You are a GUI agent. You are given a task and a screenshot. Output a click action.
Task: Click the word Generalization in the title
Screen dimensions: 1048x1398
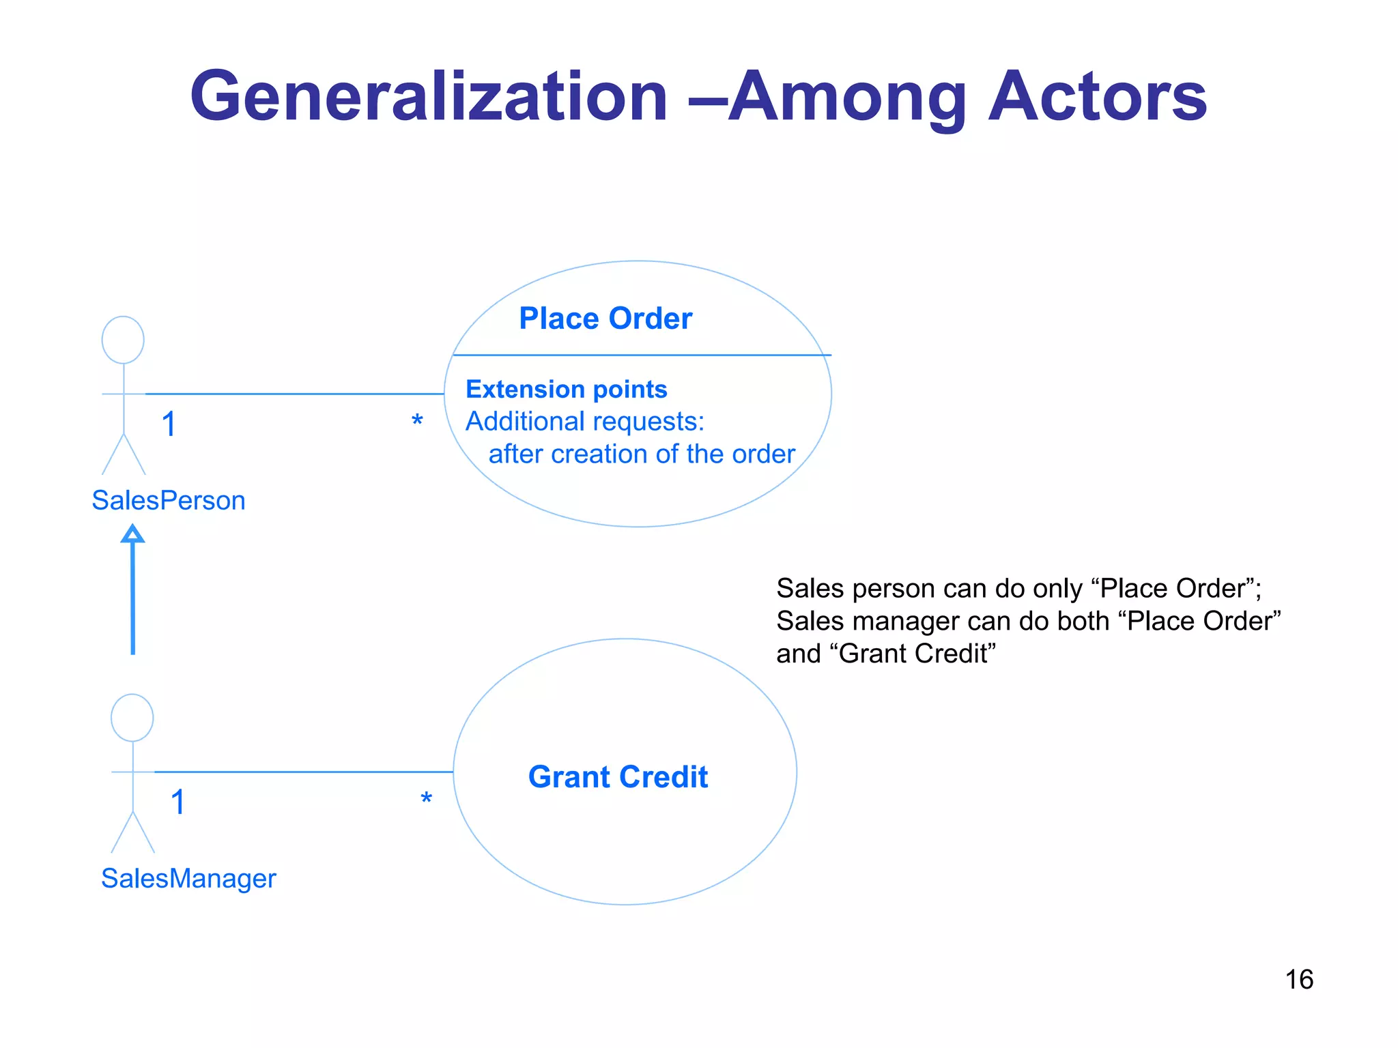(429, 98)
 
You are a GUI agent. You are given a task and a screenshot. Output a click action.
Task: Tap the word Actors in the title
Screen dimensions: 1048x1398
(1098, 98)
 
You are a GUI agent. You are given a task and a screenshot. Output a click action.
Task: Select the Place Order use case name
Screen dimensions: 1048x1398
(605, 319)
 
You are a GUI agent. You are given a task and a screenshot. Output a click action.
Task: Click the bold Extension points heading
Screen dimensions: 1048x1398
(566, 389)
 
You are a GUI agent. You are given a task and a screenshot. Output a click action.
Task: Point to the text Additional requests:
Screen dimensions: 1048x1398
(584, 422)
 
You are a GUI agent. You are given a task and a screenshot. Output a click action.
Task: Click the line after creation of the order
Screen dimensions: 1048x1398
(642, 454)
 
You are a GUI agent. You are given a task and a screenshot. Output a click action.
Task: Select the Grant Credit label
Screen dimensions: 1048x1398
(618, 777)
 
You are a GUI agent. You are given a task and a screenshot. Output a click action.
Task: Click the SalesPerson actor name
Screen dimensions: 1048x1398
(169, 501)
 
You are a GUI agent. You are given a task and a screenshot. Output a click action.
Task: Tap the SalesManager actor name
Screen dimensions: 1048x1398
(188, 879)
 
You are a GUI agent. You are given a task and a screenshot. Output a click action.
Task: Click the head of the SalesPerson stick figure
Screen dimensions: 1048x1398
(123, 340)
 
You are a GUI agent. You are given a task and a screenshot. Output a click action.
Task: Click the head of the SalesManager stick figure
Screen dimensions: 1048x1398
(132, 718)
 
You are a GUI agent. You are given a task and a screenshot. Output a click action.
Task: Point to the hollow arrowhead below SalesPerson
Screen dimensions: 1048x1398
(132, 534)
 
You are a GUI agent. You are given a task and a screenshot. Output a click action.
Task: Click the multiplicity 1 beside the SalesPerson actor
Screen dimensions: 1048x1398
(169, 424)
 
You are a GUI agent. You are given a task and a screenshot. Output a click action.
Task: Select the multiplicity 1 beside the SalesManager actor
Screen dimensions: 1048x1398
(177, 802)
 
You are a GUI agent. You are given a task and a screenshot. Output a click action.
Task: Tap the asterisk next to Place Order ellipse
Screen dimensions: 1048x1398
(417, 420)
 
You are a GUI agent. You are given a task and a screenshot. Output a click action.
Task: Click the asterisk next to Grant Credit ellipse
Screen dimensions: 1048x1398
(426, 798)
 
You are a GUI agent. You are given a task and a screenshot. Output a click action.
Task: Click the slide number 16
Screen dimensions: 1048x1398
(1298, 980)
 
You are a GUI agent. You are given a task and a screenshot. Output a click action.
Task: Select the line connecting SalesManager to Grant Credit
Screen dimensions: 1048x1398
(304, 772)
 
